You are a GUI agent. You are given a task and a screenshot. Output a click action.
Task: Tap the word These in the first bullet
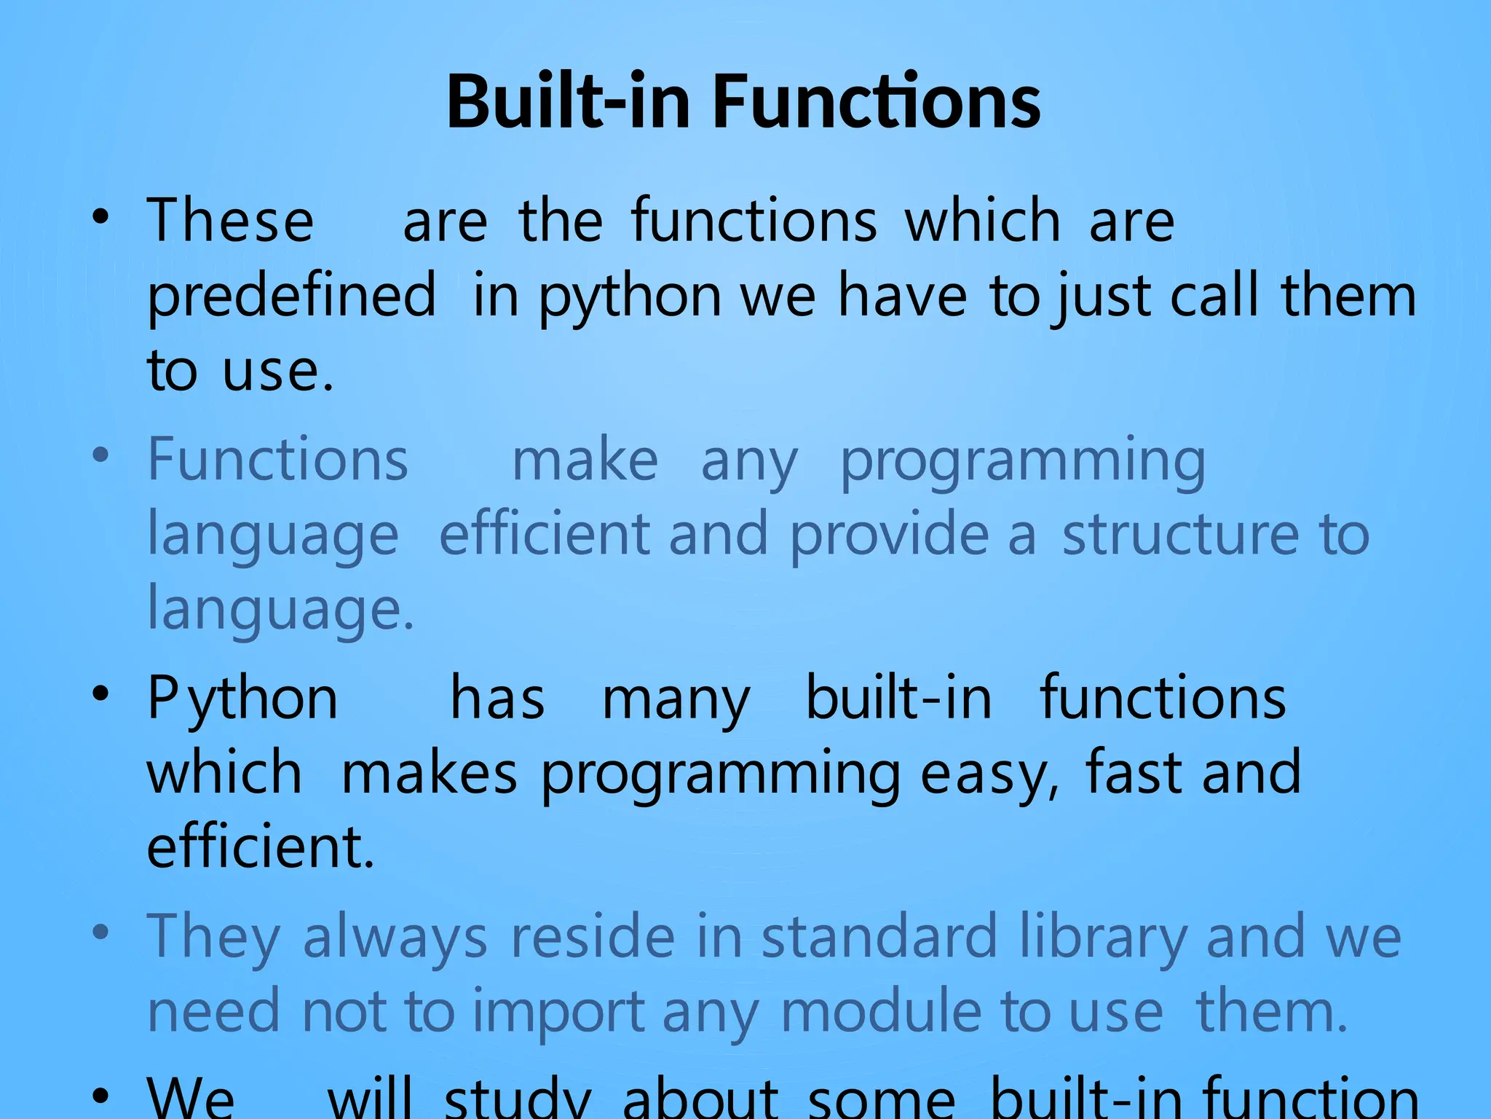click(x=231, y=221)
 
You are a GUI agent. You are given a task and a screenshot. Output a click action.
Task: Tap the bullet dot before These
click(x=101, y=216)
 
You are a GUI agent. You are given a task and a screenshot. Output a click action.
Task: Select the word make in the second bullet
click(x=585, y=461)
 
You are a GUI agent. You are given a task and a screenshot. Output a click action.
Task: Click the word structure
click(x=1180, y=535)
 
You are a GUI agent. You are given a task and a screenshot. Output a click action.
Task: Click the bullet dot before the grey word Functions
click(x=101, y=456)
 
